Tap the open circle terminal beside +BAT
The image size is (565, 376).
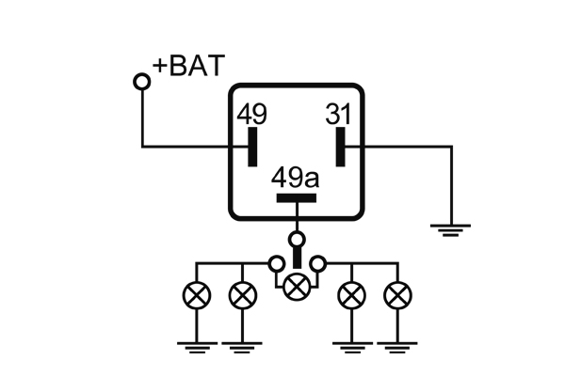click(x=142, y=81)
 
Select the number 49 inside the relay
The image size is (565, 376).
click(x=251, y=115)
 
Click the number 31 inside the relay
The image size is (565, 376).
click(x=340, y=115)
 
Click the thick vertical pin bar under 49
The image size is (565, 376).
click(x=251, y=146)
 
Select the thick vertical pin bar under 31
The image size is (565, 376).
click(x=340, y=146)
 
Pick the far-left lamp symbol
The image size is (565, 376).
click(x=197, y=296)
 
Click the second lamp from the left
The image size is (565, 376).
click(x=242, y=296)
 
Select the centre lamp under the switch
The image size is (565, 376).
click(x=298, y=285)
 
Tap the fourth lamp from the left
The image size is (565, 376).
click(x=353, y=296)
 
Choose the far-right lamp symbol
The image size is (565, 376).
click(x=397, y=296)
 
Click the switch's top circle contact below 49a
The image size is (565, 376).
click(x=297, y=239)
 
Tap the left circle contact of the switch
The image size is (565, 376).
click(x=277, y=262)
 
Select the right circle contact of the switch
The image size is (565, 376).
click(x=318, y=262)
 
